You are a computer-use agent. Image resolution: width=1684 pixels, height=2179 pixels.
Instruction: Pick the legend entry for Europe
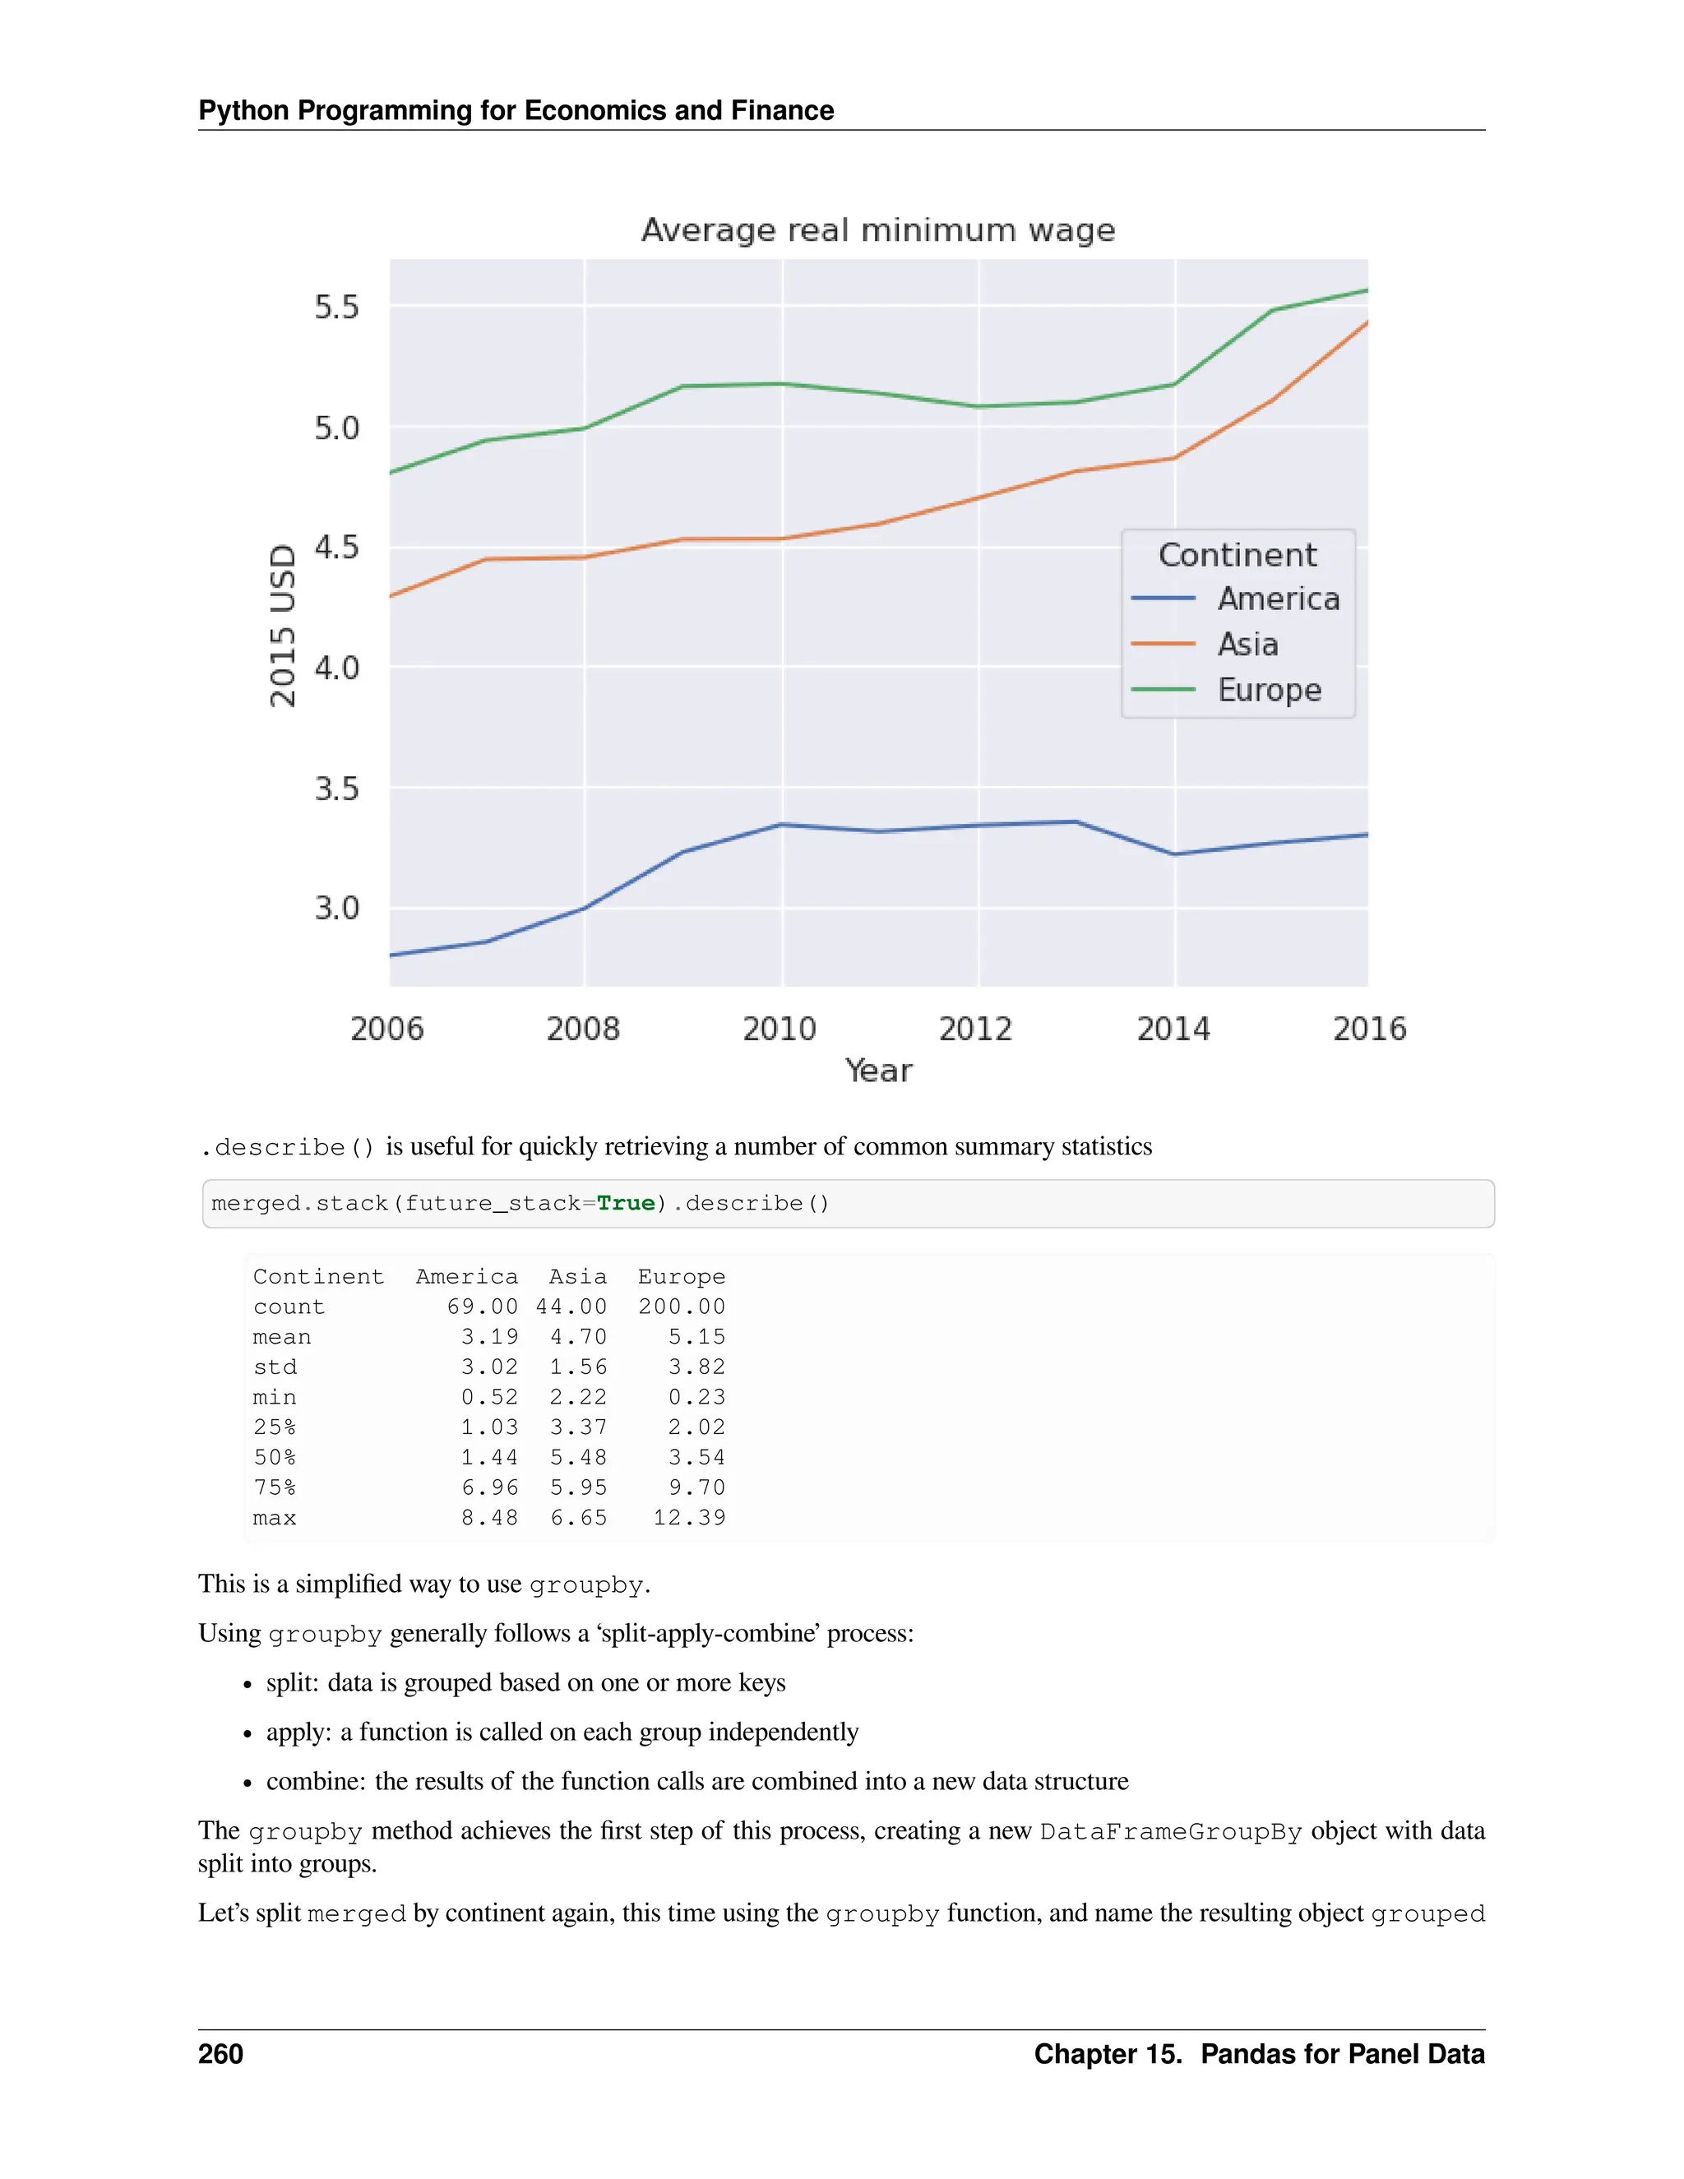[x=1268, y=691]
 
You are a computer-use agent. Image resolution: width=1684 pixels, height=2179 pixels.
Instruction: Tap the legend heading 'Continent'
[x=1237, y=555]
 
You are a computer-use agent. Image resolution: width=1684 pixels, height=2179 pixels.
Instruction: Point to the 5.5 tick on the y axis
[x=336, y=308]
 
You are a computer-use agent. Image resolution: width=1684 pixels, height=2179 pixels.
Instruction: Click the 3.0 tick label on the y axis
[x=336, y=909]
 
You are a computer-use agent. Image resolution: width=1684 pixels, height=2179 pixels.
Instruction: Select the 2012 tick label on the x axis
[x=974, y=1029]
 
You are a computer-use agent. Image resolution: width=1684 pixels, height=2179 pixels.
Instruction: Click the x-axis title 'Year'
[x=878, y=1071]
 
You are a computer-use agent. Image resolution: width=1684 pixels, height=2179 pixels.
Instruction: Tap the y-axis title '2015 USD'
[x=284, y=626]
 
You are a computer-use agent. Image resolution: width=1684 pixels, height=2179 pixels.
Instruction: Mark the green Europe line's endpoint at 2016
[x=1366, y=290]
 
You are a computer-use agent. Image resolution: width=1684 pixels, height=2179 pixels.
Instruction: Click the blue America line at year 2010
[x=782, y=824]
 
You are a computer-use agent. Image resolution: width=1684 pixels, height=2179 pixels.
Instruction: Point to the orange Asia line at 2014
[x=1174, y=458]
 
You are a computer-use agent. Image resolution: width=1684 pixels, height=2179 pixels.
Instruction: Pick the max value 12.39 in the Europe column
[x=688, y=1518]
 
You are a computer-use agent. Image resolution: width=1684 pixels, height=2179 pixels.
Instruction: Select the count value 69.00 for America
[x=482, y=1307]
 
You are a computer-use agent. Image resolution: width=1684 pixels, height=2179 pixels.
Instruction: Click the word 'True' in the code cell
[x=626, y=1203]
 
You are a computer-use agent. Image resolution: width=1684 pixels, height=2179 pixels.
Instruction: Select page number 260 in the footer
[x=220, y=2054]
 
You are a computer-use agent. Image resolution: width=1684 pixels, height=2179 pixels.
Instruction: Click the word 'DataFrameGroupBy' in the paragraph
[x=1170, y=1832]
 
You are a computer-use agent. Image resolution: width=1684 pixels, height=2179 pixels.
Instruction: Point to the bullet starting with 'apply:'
[x=562, y=1732]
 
